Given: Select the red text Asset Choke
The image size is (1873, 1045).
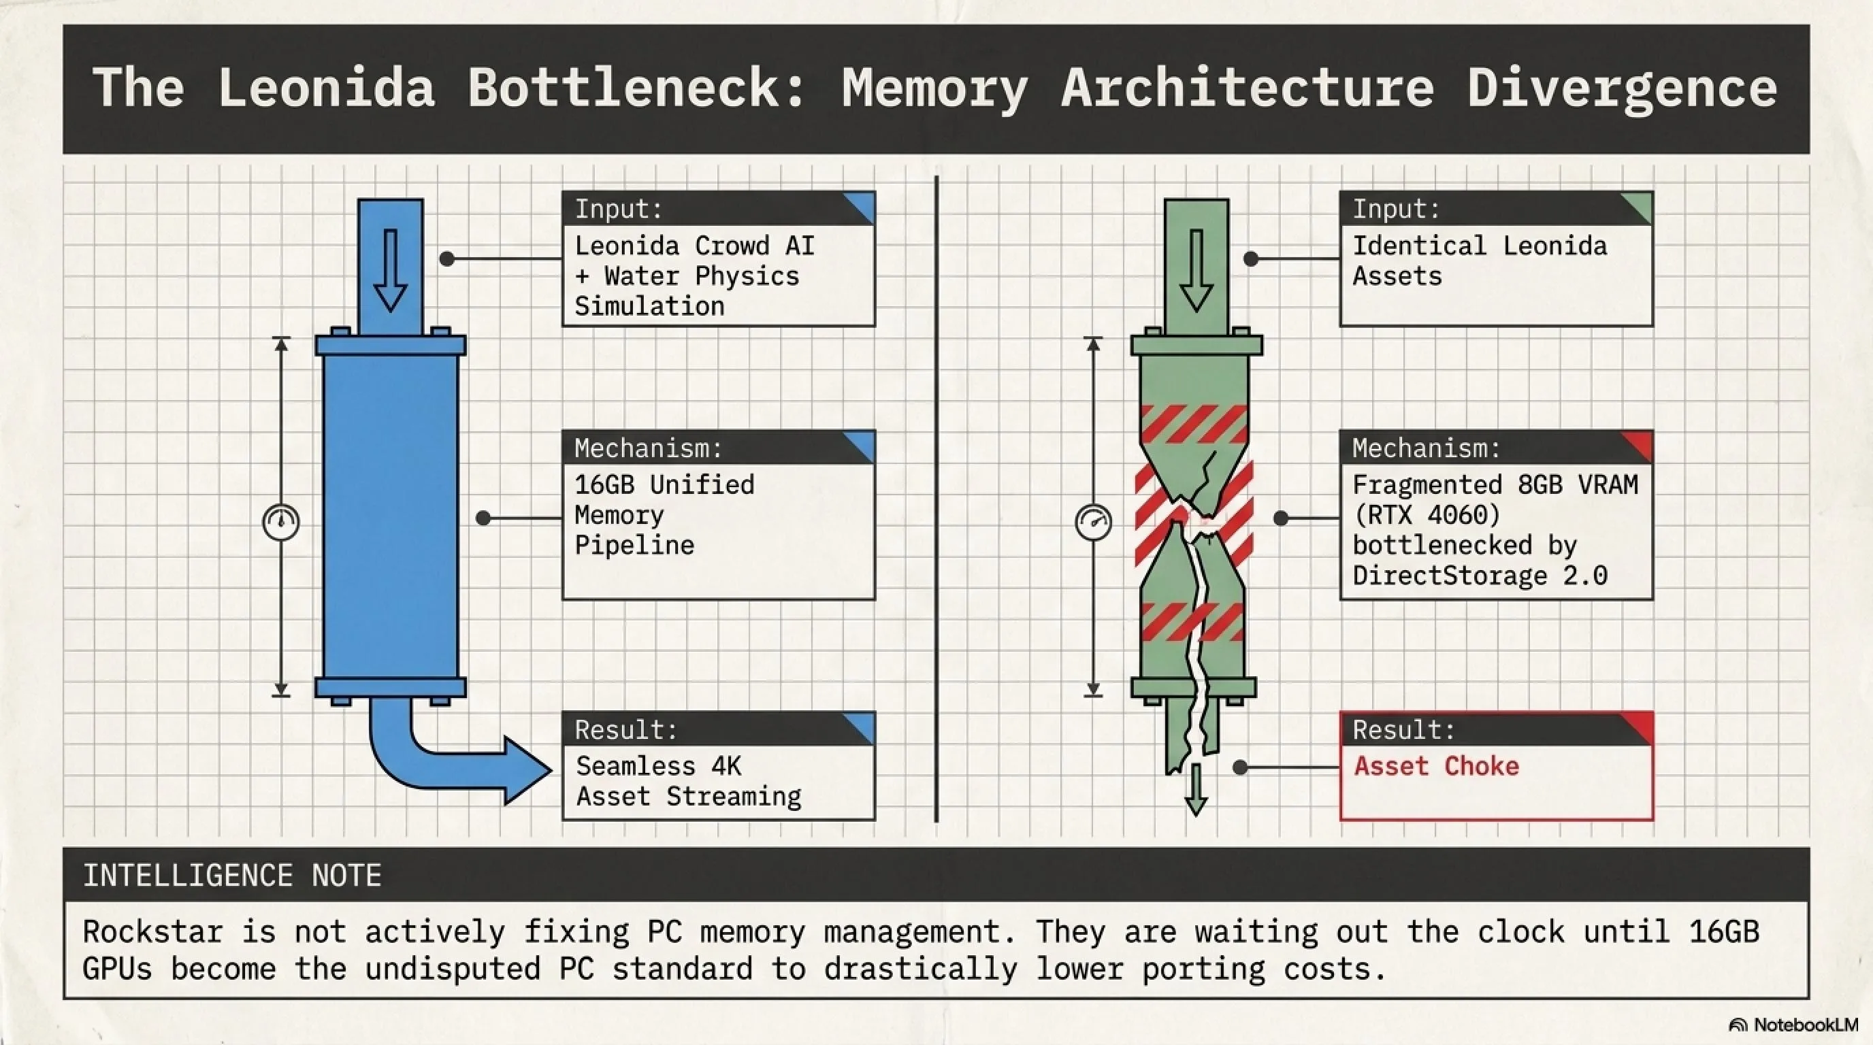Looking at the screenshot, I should click(1436, 766).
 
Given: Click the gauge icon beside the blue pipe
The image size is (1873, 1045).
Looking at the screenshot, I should click(280, 522).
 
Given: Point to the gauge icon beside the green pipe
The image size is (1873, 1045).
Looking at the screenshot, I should click(1094, 522).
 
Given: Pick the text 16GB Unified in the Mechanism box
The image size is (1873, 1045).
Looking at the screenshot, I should click(664, 484).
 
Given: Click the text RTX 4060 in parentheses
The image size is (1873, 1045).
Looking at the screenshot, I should click(1427, 515).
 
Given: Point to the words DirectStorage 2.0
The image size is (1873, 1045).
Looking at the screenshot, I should click(1479, 576).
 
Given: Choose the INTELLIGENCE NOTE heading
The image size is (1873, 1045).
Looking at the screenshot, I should click(232, 876).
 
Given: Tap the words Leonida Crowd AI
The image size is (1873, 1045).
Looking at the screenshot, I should click(694, 246).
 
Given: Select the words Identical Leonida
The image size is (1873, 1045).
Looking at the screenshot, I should click(1479, 246).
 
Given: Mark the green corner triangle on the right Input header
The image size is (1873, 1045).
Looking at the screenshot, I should click(1639, 207).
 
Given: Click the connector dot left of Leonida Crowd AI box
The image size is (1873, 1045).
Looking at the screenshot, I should click(447, 259).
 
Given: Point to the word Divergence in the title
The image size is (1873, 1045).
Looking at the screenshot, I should click(1622, 88).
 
